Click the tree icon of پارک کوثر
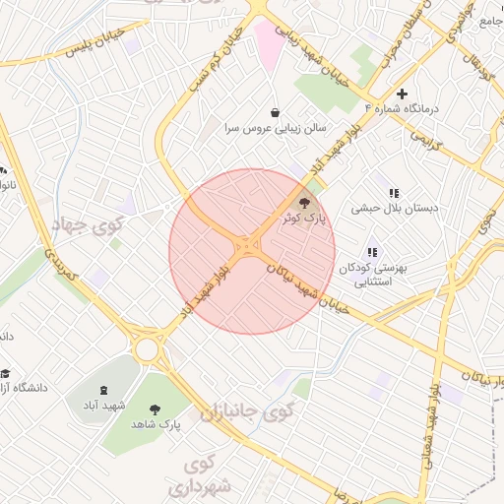click(301, 203)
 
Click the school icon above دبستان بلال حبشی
click(394, 194)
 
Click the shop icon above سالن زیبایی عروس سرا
click(273, 111)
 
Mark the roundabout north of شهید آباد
click(150, 347)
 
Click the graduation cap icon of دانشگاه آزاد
click(6, 373)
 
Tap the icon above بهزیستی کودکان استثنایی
click(372, 252)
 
